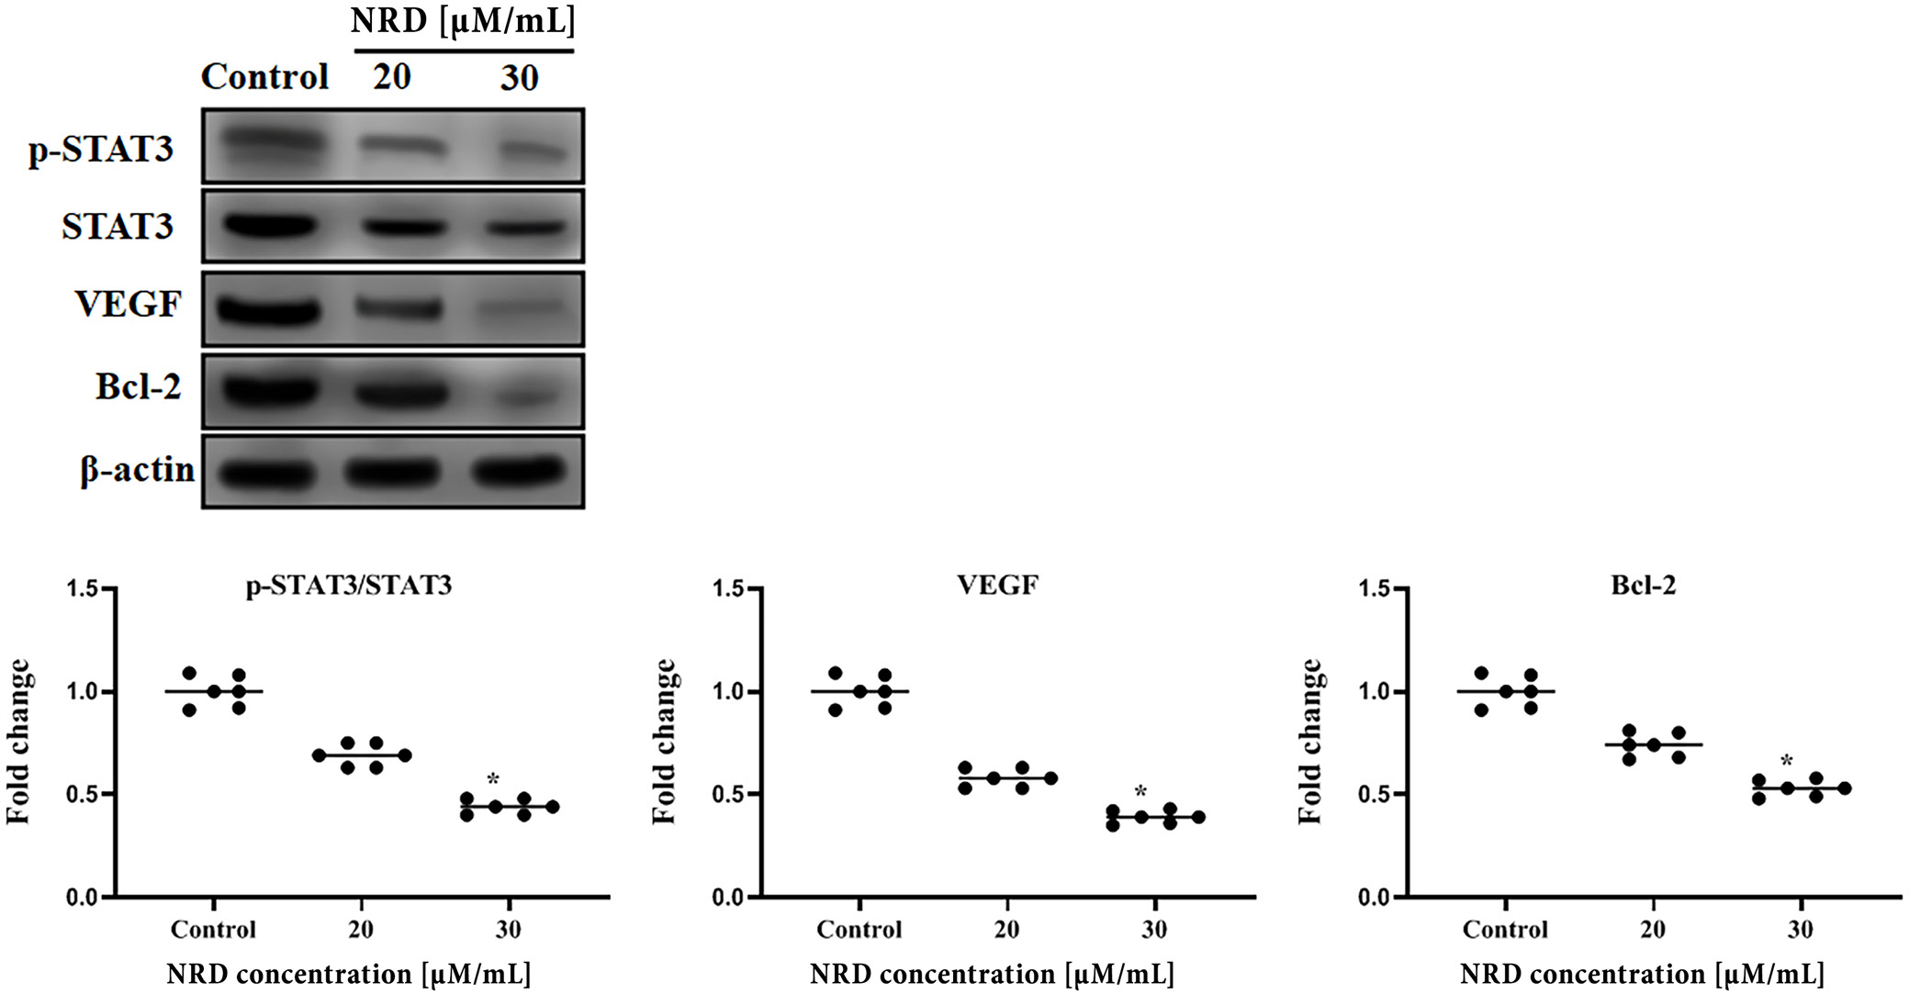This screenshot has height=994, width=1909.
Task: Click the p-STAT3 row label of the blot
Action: click(x=101, y=149)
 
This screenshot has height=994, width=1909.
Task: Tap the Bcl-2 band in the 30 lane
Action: click(x=519, y=396)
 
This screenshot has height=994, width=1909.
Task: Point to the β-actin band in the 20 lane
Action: click(x=393, y=473)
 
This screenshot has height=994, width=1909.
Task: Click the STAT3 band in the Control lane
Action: click(x=268, y=226)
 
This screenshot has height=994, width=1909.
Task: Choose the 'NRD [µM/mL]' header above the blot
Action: click(x=463, y=20)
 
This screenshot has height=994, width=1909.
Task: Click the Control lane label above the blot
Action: click(x=264, y=77)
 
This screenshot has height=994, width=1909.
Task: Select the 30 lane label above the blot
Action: click(x=519, y=78)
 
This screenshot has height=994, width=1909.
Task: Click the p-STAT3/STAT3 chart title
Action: click(x=349, y=586)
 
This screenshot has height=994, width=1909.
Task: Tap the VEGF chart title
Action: click(x=997, y=586)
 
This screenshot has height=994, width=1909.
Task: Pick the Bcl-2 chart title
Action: click(x=1643, y=586)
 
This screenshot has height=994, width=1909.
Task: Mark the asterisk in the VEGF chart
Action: click(x=1140, y=791)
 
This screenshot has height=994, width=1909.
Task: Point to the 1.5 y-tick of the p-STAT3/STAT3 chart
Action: click(x=83, y=588)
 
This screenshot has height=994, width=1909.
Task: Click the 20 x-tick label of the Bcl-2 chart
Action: click(x=1652, y=930)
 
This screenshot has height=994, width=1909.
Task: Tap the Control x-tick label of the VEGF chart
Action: click(x=859, y=930)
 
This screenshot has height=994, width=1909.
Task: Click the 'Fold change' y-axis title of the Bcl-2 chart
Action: click(x=1310, y=742)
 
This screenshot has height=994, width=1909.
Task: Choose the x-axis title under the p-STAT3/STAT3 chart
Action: click(x=348, y=974)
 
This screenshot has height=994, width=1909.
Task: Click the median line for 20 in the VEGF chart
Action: click(x=1007, y=778)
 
